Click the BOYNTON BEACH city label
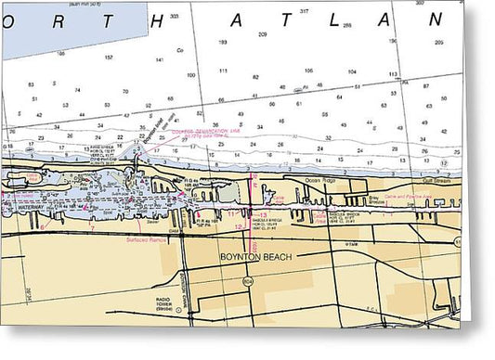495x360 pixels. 255,257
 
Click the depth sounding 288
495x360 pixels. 347,25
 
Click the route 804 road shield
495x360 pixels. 248,279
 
